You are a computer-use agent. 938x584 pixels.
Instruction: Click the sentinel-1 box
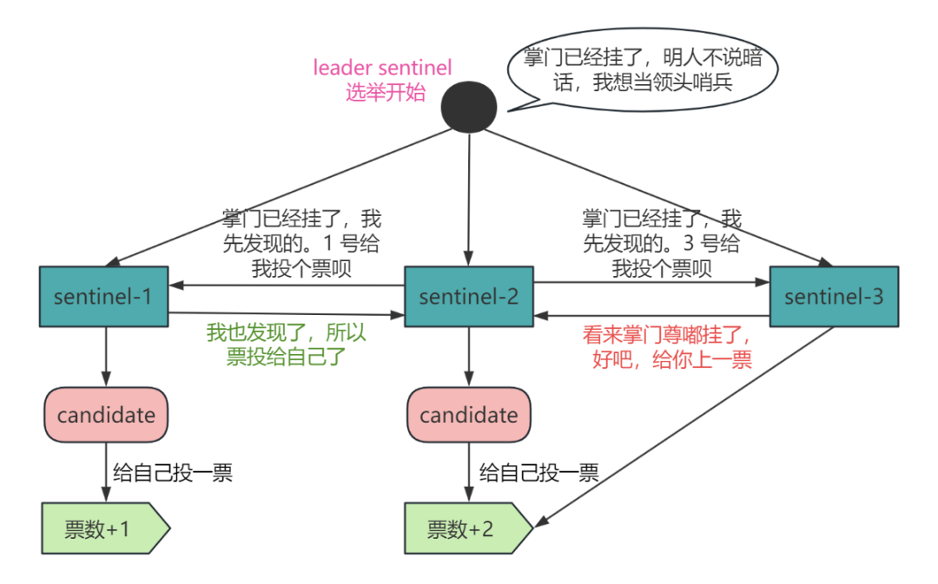[x=103, y=297]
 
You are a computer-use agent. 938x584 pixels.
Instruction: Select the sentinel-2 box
[x=469, y=297]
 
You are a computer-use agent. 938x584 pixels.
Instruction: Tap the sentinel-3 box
[x=834, y=297]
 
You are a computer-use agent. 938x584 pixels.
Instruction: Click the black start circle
[x=469, y=108]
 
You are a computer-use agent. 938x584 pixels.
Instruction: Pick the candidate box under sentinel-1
[x=106, y=415]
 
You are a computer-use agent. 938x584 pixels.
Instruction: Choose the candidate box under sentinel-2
[x=469, y=415]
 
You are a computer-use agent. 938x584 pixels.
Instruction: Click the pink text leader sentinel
[x=382, y=68]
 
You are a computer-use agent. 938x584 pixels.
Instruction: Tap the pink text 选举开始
[x=386, y=93]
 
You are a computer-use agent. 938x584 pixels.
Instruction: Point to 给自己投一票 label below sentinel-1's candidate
[x=173, y=473]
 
